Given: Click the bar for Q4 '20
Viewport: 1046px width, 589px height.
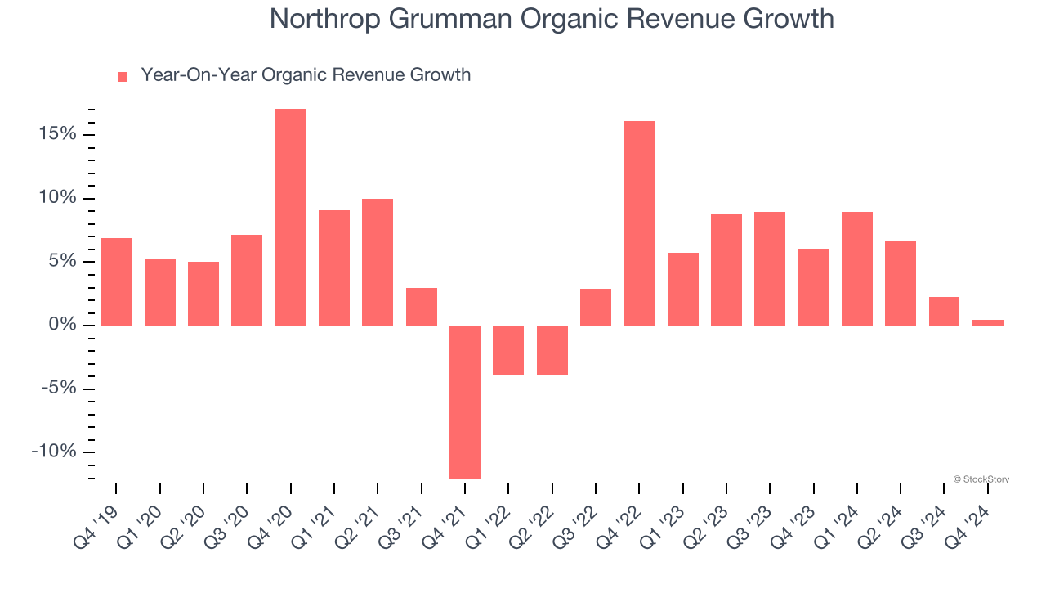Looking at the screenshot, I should tap(291, 217).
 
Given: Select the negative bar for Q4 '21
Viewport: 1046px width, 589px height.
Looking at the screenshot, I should tap(465, 402).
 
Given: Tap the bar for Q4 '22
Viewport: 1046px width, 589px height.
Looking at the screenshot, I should tap(639, 223).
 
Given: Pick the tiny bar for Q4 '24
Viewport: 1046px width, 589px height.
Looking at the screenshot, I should tap(988, 322).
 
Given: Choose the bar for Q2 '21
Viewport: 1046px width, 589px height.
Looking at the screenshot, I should tap(378, 262).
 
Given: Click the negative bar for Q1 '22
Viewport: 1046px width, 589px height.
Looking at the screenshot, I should tap(508, 350).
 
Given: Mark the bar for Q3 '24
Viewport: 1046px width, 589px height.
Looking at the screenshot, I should tap(944, 311).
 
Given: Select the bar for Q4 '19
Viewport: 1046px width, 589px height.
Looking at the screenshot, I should tap(116, 281).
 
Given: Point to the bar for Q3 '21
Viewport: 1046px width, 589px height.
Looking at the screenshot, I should tap(422, 307).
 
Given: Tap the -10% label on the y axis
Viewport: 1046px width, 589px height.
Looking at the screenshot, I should tap(53, 452).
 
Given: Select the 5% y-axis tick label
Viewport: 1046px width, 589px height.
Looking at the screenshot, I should tap(60, 262).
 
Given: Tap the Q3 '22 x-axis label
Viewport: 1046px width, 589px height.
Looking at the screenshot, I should tap(577, 524).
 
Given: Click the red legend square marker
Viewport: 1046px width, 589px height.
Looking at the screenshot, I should tap(123, 77).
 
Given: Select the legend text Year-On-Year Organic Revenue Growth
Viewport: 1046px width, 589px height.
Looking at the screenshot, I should tap(306, 75).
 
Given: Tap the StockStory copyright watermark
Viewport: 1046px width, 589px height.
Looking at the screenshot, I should tap(981, 479).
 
